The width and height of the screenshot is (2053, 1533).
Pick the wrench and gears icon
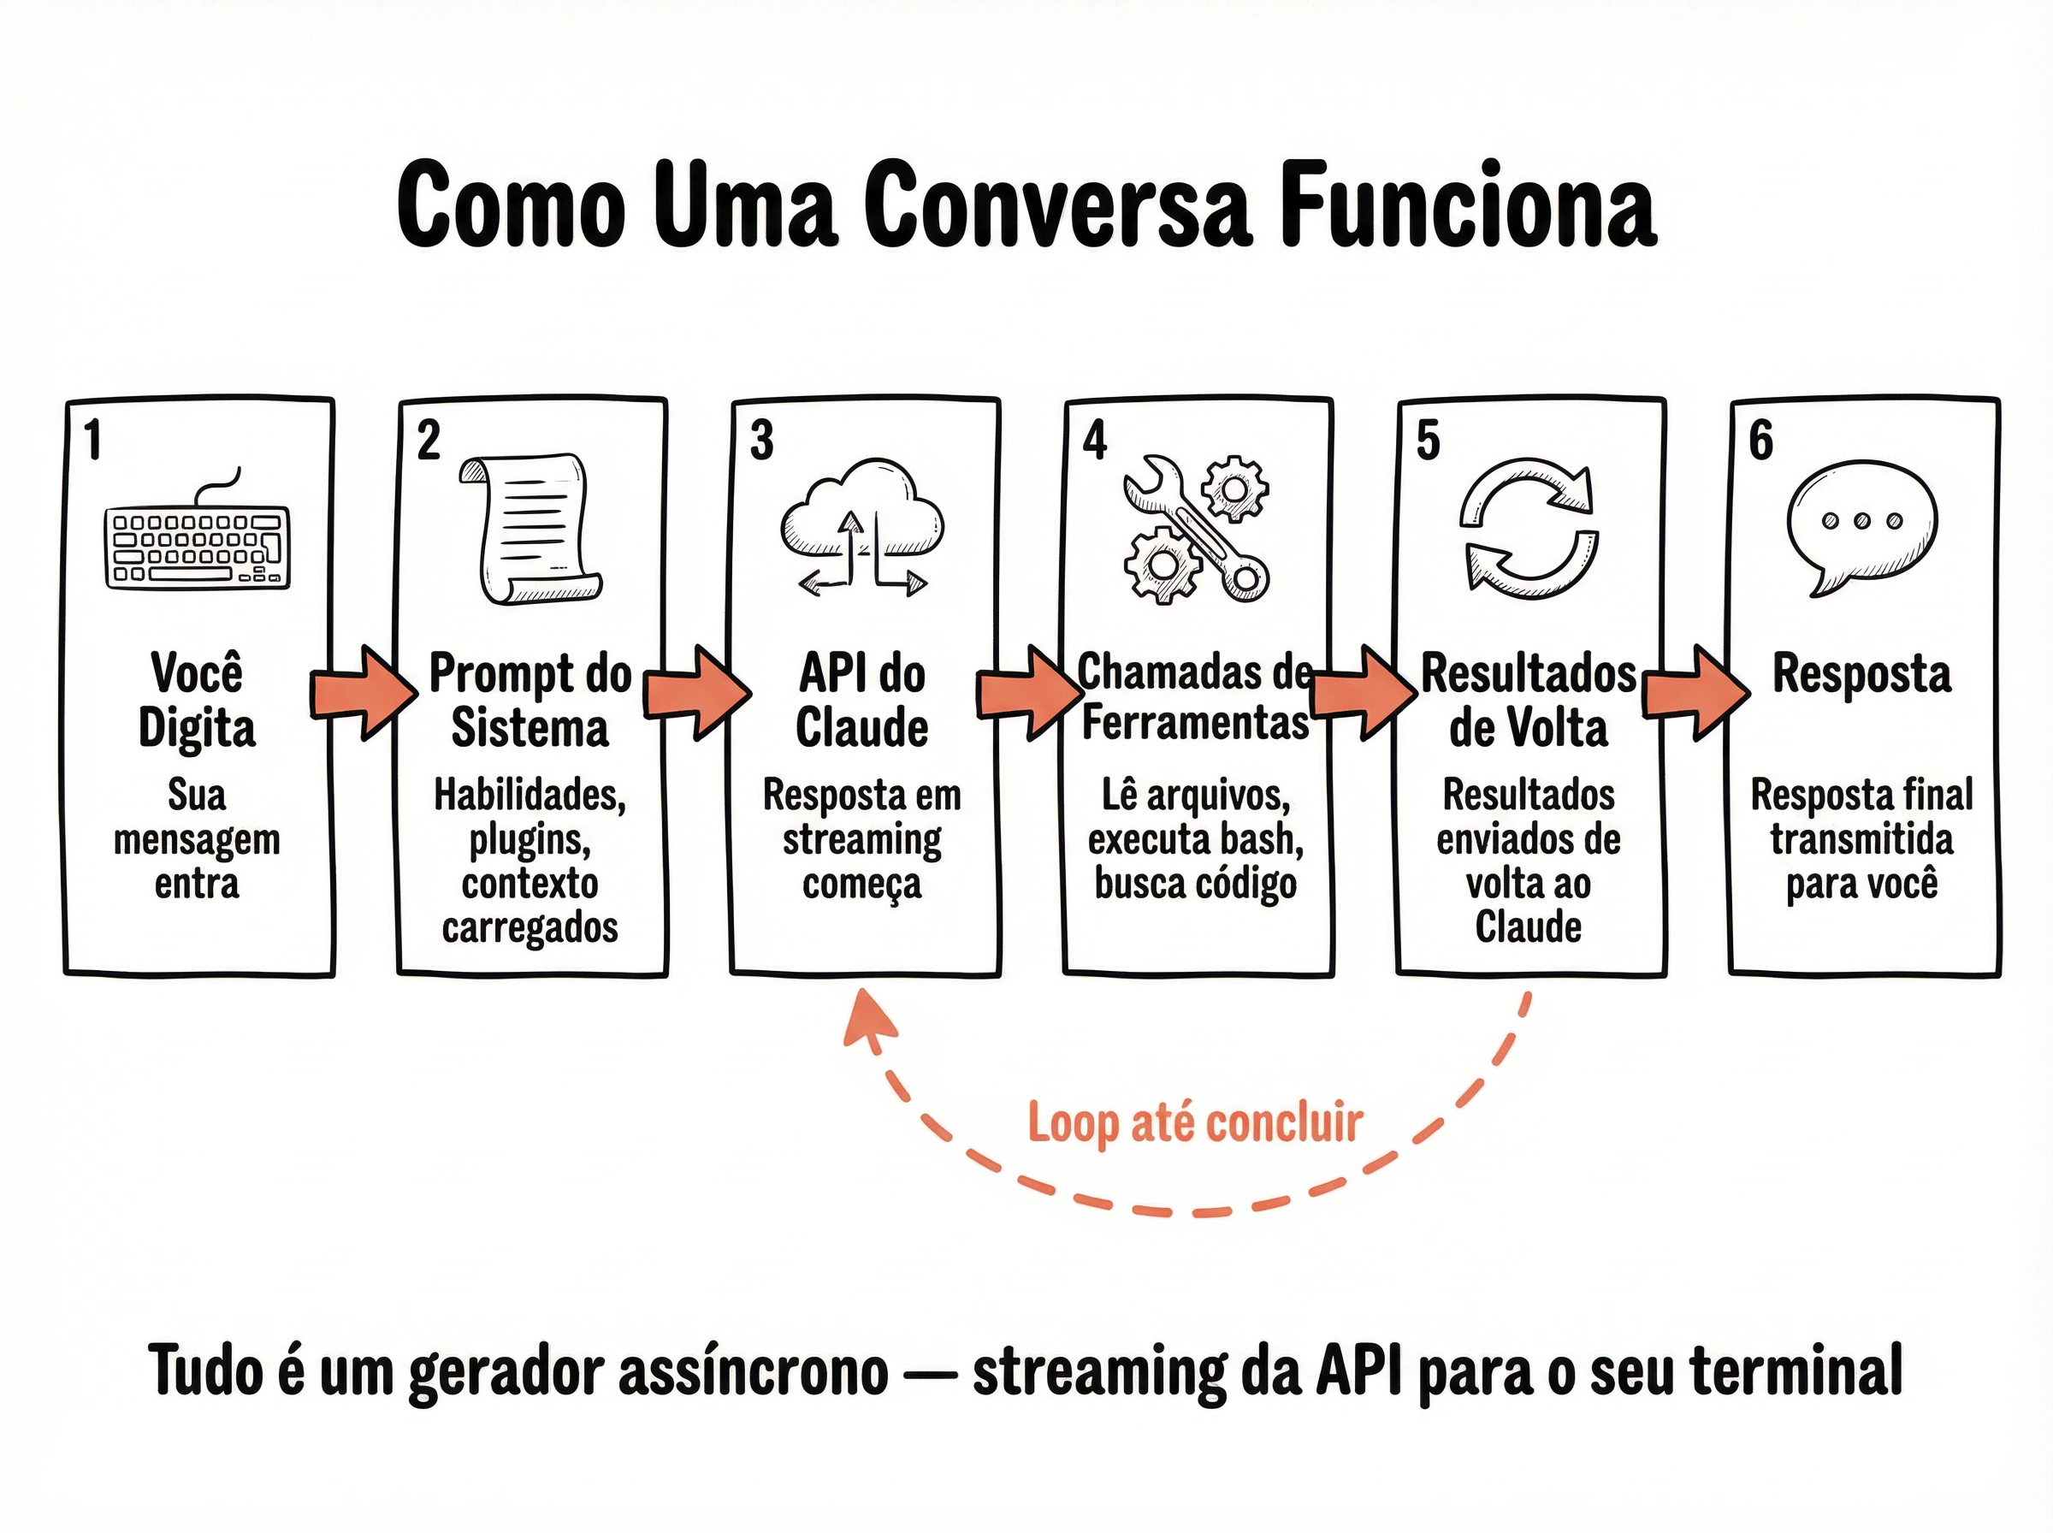click(1196, 528)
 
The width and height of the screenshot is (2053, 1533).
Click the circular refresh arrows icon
click(1529, 527)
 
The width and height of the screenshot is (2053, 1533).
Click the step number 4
click(1095, 440)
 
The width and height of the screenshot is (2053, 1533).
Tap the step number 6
click(1760, 440)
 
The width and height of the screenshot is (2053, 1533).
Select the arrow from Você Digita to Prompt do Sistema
click(364, 692)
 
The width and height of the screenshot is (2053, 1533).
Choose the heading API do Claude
click(862, 700)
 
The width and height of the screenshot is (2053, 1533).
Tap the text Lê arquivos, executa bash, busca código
click(1196, 839)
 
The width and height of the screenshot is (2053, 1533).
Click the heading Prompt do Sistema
click(530, 700)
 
